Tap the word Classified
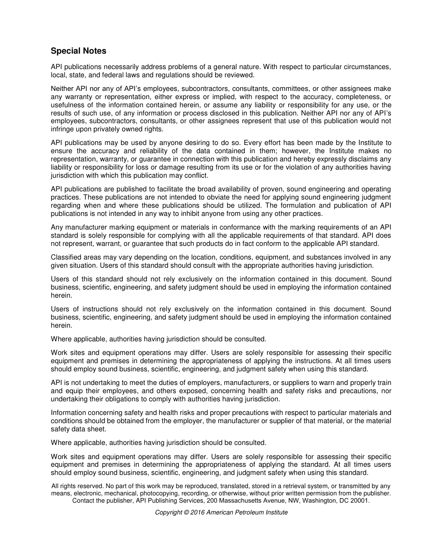pos(66,257)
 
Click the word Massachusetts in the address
pos(244,500)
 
